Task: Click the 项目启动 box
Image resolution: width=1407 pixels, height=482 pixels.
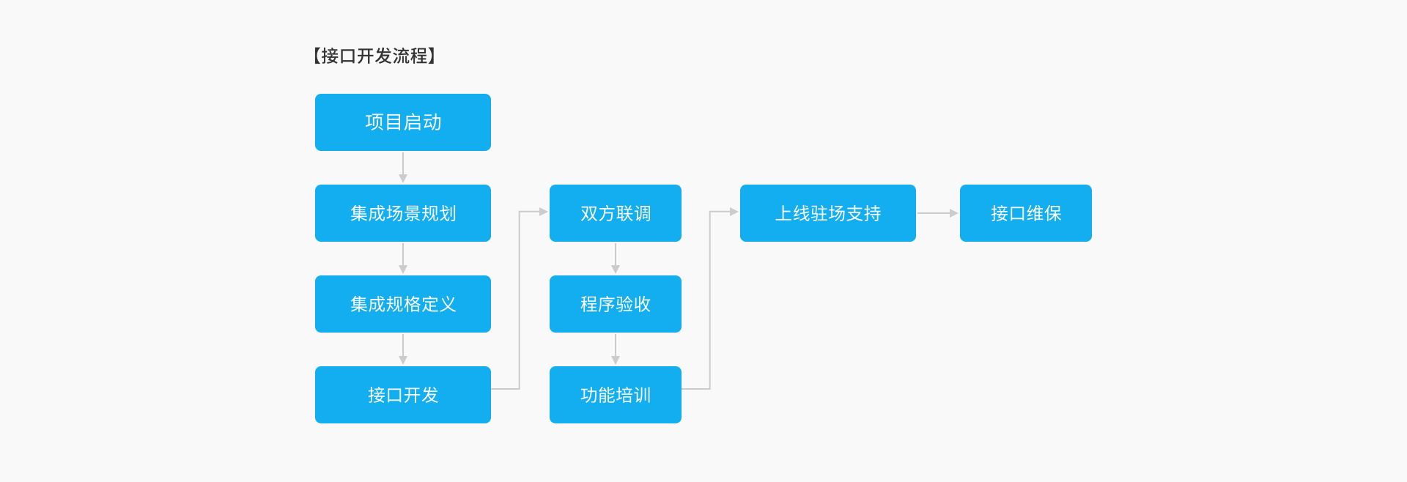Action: coord(403,122)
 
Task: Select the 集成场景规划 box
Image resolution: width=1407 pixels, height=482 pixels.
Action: coord(403,213)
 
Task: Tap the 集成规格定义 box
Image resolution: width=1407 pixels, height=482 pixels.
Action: coord(403,304)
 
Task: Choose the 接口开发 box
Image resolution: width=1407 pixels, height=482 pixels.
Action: coord(403,395)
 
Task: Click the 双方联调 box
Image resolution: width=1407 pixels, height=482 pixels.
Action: coord(616,213)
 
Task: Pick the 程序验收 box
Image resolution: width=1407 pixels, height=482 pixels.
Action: coord(616,304)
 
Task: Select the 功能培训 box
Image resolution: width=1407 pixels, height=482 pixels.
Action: coord(616,395)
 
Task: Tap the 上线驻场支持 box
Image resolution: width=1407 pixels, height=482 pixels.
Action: coord(828,213)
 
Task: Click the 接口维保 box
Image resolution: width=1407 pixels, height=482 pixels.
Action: coord(1026,213)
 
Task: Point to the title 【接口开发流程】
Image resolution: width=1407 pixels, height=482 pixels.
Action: coord(374,56)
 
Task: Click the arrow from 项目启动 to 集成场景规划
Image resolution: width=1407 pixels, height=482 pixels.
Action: coord(403,168)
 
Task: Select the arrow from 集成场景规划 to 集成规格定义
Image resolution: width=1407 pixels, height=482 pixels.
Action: coord(403,259)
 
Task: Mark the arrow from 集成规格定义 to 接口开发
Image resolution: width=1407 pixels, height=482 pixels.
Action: coord(403,349)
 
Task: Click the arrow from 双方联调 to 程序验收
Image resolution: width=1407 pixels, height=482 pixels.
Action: coord(616,259)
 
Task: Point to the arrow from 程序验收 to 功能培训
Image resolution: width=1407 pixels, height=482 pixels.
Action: coord(616,349)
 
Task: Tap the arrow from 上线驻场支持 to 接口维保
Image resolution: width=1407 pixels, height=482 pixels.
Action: coord(938,213)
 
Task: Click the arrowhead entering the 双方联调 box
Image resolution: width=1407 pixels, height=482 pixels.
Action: coord(544,212)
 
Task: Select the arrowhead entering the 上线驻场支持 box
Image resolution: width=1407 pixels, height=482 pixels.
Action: coord(734,212)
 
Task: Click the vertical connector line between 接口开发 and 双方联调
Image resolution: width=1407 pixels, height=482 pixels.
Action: coord(520,300)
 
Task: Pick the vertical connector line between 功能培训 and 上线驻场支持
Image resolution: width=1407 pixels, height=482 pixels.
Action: coord(710,300)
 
